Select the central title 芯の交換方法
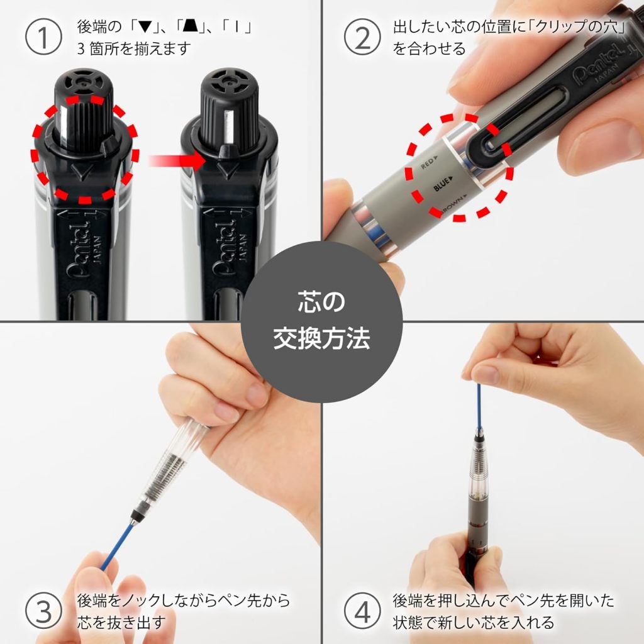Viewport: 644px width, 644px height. [321, 321]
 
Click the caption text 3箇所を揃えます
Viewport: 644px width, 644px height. [133, 49]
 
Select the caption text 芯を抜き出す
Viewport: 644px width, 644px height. [121, 622]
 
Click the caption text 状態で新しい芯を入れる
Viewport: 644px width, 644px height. [473, 622]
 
